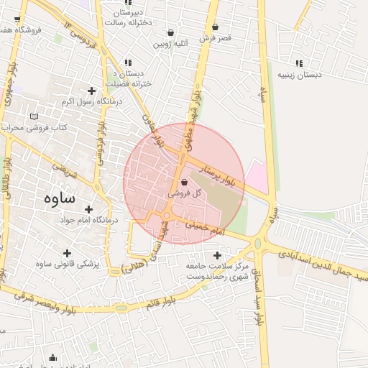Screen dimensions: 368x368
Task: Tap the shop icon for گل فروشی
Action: click(x=185, y=183)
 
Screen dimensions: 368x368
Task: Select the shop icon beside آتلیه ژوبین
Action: click(x=170, y=32)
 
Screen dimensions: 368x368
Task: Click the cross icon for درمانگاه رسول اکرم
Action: click(x=91, y=91)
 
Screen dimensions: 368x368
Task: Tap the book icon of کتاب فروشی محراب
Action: click(x=34, y=116)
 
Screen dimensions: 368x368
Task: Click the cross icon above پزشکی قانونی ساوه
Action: click(x=68, y=253)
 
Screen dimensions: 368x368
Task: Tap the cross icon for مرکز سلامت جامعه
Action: click(x=218, y=255)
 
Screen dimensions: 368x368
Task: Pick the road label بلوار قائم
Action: click(x=157, y=299)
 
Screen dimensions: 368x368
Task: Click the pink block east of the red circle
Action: click(x=257, y=175)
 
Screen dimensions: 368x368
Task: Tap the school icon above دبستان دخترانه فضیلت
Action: click(x=128, y=63)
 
